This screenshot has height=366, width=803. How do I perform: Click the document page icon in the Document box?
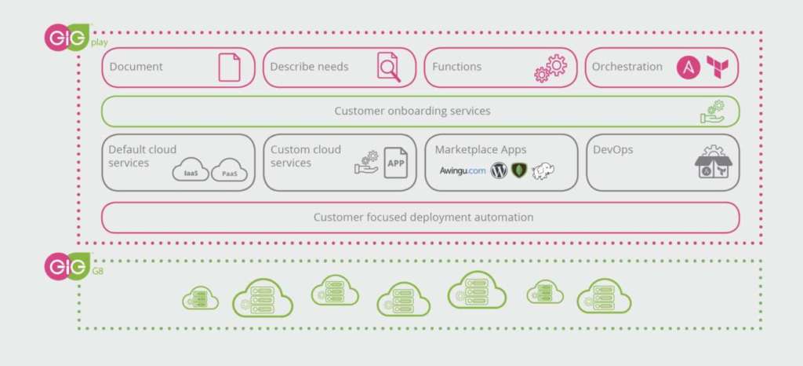229,67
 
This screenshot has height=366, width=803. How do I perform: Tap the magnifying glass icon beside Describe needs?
388,67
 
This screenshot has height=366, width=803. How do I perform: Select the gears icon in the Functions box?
550,68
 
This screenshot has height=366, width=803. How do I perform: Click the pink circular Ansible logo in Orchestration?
689,67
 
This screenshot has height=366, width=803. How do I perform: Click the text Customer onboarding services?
412,111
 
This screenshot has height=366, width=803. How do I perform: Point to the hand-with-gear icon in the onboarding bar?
713,112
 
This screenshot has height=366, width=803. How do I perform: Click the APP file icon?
395,163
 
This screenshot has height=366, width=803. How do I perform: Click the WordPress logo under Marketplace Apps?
500,170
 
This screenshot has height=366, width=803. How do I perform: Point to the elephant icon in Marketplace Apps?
543,171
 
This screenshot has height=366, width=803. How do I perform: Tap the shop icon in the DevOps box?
713,165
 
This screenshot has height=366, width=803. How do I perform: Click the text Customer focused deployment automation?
423,217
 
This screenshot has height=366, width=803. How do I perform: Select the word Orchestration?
627,67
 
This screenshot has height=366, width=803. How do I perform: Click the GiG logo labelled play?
67,38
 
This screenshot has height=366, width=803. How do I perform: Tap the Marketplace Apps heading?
481,149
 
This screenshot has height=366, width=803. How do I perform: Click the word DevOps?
613,149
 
